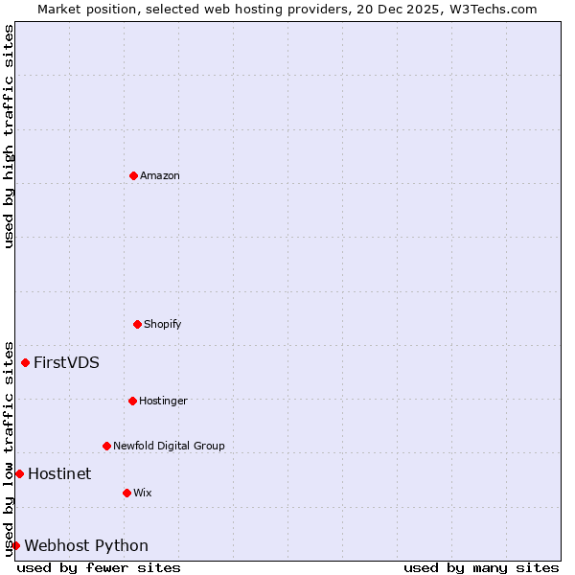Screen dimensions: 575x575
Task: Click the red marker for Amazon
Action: coord(133,175)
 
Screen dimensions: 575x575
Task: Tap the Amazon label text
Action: coord(160,175)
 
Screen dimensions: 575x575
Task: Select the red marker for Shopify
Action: coord(137,324)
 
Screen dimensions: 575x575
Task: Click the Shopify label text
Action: coord(163,324)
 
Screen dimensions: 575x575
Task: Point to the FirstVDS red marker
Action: coord(26,362)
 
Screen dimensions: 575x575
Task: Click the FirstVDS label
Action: coord(66,362)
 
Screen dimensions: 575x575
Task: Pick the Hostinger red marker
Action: coord(132,401)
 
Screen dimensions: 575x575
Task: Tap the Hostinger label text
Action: coord(163,401)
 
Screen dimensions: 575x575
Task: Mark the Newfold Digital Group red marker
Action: coord(106,446)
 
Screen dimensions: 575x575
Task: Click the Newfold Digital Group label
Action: coord(169,446)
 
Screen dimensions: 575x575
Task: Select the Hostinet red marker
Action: coord(19,473)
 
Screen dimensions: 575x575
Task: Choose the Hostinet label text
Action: coord(59,473)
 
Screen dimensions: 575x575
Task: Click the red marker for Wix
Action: coord(126,493)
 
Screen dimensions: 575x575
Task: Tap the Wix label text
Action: coord(143,493)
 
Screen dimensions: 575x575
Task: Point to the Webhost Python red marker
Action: coord(15,545)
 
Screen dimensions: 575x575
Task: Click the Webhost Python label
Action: coord(86,545)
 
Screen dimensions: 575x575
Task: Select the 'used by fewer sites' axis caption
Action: coord(99,567)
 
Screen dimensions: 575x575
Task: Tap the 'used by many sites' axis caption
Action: coord(481,567)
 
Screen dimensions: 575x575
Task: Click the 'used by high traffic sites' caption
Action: coord(9,136)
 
